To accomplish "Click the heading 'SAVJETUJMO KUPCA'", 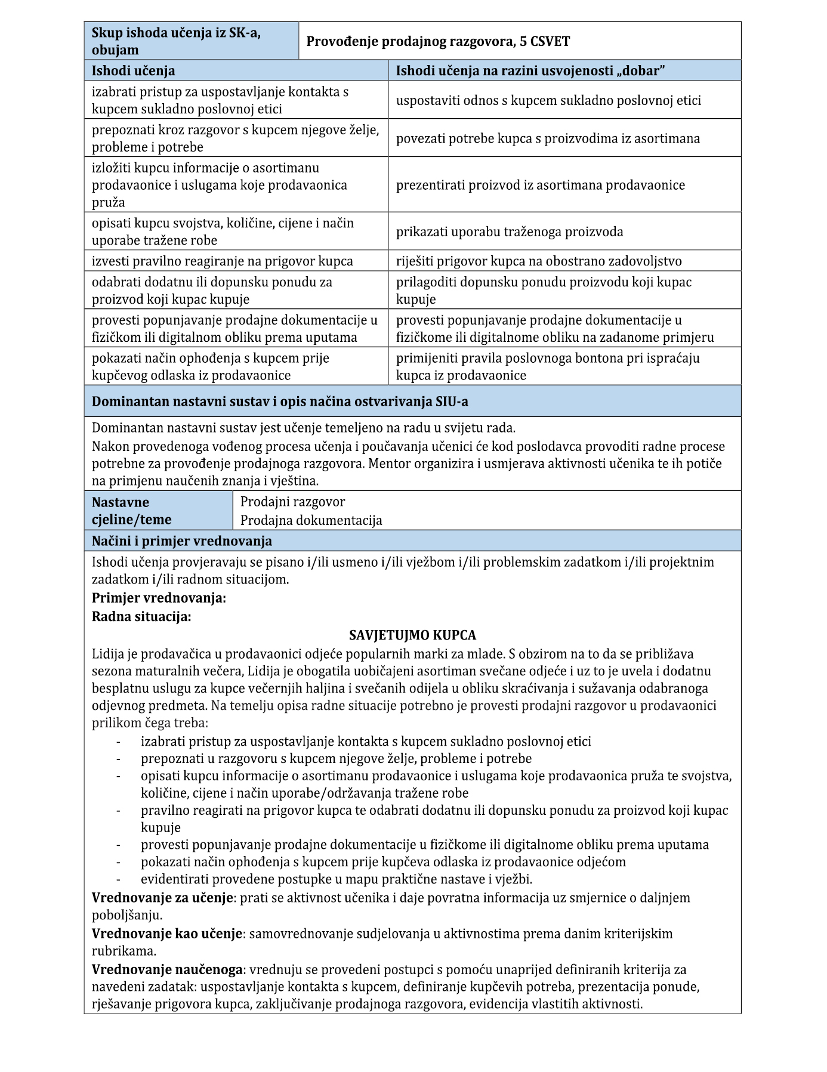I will [412, 635].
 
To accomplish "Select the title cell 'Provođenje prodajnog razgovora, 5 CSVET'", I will [438, 41].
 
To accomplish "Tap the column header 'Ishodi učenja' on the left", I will [133, 70].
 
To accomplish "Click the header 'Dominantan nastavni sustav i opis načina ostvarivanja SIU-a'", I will [280, 401].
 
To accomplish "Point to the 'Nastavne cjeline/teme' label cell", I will [131, 511].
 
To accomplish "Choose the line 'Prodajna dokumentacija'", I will [311, 520].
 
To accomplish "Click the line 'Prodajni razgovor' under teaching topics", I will [292, 502].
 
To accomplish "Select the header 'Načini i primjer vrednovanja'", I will [182, 541].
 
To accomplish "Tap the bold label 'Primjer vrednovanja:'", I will [159, 598].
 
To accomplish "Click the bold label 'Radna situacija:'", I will [141, 616].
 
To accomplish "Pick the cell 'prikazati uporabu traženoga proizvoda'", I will [510, 231].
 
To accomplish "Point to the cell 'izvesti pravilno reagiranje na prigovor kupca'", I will [223, 261].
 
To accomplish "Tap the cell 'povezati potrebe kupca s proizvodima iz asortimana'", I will [548, 138].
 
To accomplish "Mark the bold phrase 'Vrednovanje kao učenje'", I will [167, 933].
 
